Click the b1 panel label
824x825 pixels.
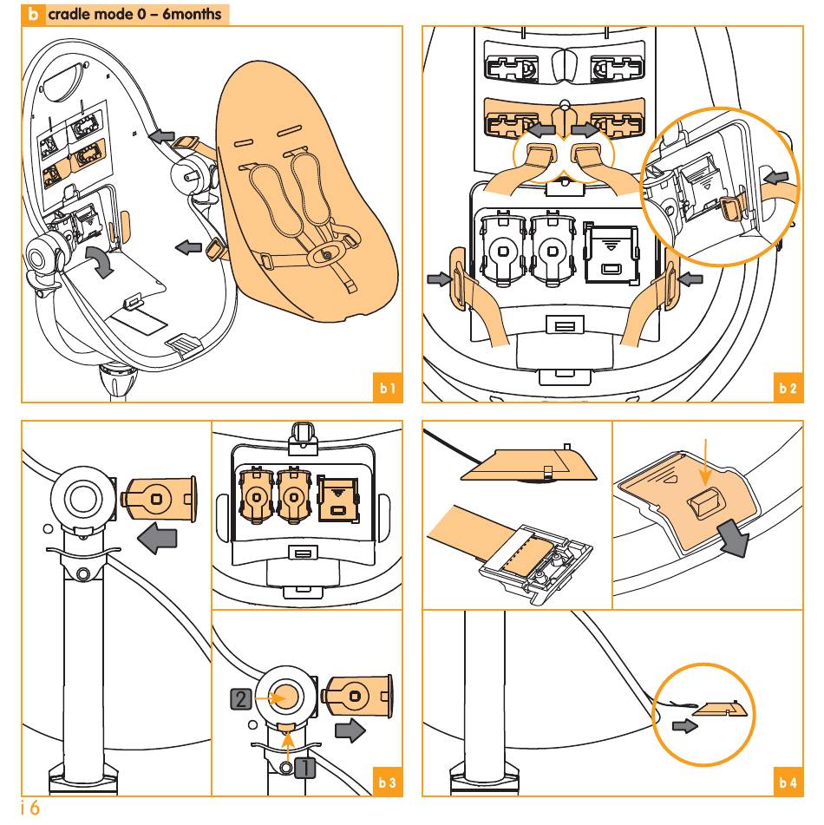388,388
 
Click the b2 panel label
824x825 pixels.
788,388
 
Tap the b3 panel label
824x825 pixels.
388,782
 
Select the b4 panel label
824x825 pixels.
788,782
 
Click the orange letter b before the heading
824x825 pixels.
33,14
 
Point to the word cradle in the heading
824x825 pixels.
73,14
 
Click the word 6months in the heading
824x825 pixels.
192,14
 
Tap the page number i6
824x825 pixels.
30,808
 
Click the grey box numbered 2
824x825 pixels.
241,698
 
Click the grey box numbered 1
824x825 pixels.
304,768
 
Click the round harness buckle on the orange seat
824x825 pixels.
325,255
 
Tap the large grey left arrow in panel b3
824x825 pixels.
157,538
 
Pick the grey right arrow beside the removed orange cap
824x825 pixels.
350,730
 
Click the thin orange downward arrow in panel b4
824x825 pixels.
705,462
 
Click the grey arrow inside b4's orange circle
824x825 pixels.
685,726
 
